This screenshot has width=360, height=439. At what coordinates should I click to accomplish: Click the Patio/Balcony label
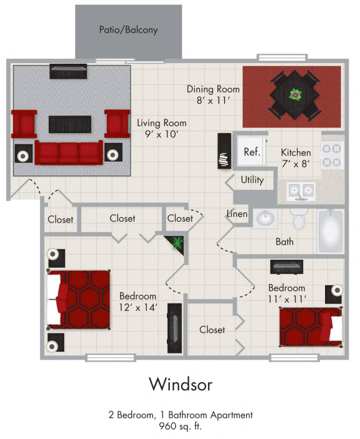tap(128, 29)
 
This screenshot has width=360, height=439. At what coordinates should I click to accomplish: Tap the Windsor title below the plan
tap(180, 383)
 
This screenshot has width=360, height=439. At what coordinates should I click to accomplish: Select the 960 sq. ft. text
tap(180, 427)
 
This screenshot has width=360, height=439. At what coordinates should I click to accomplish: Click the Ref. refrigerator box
tap(251, 151)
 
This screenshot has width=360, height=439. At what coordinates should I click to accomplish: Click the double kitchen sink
tap(301, 190)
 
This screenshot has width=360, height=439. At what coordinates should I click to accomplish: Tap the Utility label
tap(252, 180)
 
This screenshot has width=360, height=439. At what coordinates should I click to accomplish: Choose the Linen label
tap(237, 214)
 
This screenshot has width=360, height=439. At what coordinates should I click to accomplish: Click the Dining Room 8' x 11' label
tap(209, 94)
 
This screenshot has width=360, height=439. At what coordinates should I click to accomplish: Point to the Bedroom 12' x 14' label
tap(137, 301)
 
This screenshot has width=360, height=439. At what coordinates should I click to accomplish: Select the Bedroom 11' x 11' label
tap(287, 293)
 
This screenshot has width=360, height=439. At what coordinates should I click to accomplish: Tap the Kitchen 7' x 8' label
tap(296, 158)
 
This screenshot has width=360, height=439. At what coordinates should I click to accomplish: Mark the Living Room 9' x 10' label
tap(161, 128)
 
